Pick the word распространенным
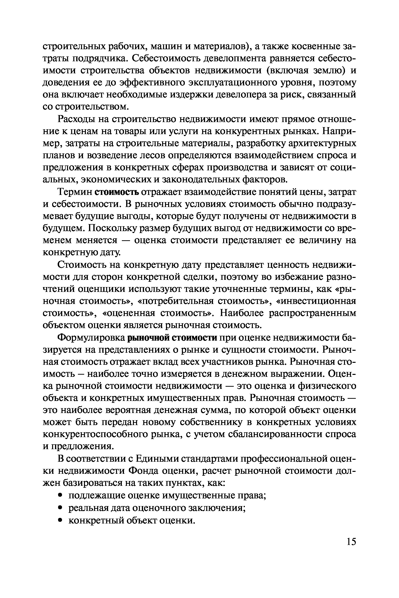pos(312,314)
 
